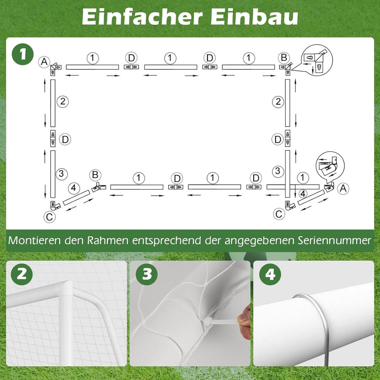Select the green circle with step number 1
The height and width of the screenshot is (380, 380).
coord(23,54)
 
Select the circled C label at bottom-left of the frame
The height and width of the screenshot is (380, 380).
coord(49,217)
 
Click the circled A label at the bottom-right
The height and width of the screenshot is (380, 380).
coord(343,188)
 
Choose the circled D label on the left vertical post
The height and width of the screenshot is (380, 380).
coord(65,139)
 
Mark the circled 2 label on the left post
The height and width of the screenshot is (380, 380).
coord(63,101)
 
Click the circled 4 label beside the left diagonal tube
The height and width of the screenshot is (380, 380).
coord(73,188)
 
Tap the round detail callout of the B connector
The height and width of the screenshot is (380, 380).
coord(316,60)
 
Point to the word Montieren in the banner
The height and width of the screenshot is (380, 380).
coord(35,240)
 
